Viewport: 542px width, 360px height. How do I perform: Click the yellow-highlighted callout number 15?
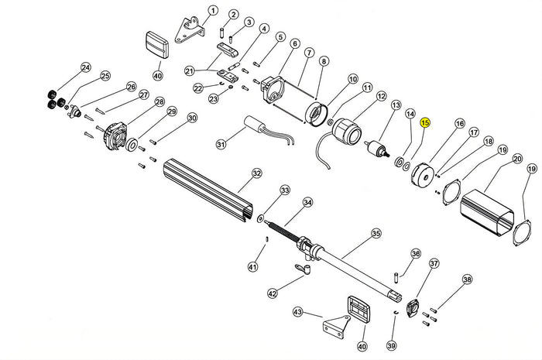(x=425, y=122)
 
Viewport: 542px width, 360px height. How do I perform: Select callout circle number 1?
(x=213, y=11)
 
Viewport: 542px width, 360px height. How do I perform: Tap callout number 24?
(x=85, y=67)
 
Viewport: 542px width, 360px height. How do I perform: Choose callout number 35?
(x=376, y=232)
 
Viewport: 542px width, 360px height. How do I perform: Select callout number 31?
(x=221, y=144)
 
